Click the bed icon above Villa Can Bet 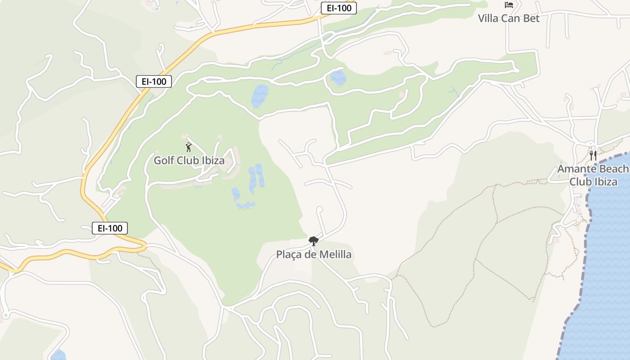click(509, 5)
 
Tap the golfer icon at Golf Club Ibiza click(189, 147)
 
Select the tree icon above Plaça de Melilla click(314, 241)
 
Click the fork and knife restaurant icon click(593, 156)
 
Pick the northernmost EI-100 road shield click(338, 8)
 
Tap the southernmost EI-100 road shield click(110, 228)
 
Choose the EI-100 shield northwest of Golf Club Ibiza click(154, 81)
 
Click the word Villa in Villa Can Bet click(488, 18)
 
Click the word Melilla click(335, 255)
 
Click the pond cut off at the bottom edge click(58, 355)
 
